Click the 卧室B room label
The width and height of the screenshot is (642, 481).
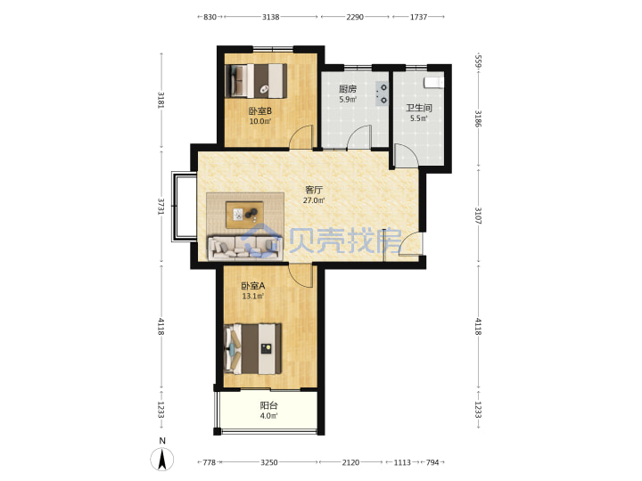(x=260, y=110)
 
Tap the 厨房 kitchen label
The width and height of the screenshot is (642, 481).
(x=348, y=89)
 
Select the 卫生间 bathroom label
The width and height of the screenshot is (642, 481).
(x=419, y=108)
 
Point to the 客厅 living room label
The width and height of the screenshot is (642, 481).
(x=314, y=190)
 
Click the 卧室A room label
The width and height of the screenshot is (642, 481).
(x=253, y=286)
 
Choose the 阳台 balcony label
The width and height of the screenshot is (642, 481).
(x=268, y=405)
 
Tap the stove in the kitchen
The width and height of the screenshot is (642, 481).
(x=383, y=94)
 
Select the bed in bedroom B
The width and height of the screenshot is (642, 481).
(x=256, y=80)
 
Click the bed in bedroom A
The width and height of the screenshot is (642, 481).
(x=252, y=348)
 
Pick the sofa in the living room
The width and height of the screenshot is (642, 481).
(x=245, y=248)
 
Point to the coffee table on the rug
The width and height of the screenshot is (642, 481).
(x=245, y=215)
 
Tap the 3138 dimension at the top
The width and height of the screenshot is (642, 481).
(x=271, y=17)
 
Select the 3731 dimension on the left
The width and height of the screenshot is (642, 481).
(x=160, y=206)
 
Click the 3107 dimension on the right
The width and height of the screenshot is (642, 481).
(x=478, y=216)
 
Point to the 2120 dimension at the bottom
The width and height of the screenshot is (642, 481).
(x=350, y=462)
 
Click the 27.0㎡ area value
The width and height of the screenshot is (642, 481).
(x=314, y=200)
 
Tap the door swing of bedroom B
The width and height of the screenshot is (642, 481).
(x=301, y=136)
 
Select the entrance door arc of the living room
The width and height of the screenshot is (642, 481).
(x=409, y=244)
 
